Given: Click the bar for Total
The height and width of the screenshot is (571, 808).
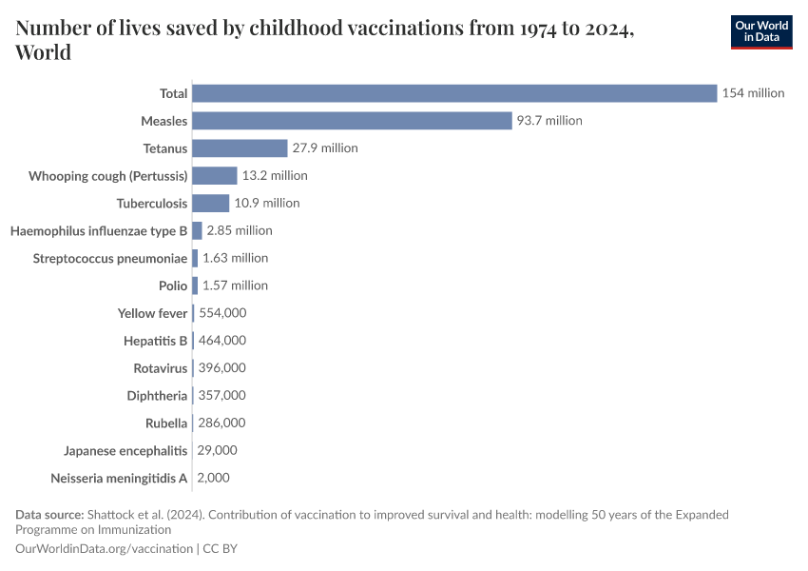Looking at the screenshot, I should coord(454,93).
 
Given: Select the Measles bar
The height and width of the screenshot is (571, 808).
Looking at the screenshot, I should coord(353,121).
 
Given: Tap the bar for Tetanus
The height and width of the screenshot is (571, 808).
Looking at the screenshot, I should coord(240,148).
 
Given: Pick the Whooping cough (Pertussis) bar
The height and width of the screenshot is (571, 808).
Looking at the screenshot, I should coord(215,176).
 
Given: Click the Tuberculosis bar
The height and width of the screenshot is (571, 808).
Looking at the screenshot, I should coord(211,203).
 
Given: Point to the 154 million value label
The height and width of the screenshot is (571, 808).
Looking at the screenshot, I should coord(753,93).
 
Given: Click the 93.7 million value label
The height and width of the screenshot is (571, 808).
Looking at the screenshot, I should coord(549,121).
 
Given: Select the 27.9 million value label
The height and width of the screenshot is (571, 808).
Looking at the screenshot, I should coord(325,148).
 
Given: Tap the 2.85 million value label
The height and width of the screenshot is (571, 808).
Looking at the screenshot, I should coord(240,230).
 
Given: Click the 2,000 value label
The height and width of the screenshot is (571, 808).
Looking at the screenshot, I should coord(213,478).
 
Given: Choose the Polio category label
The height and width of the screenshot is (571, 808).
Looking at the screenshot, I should coord(173,285).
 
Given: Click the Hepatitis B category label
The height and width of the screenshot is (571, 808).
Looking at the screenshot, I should coord(156,341).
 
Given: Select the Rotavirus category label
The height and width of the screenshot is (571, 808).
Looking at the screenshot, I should coord(161,368).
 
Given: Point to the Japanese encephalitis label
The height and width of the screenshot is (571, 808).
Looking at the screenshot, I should coord(125,450).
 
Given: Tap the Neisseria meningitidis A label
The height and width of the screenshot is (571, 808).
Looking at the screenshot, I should coord(119,478).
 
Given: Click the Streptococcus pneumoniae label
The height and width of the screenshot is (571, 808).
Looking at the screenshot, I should coord(110,258).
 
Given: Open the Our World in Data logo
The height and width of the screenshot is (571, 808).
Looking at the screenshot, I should coord(761,31).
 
